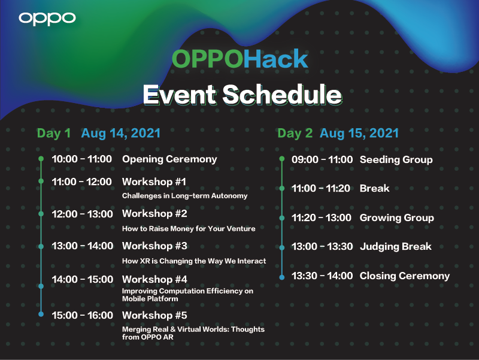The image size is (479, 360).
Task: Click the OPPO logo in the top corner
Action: click(x=47, y=18)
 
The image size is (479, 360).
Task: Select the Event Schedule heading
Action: click(x=242, y=95)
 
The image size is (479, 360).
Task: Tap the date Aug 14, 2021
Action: click(x=120, y=133)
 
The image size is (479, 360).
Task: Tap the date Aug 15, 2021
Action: click(x=359, y=133)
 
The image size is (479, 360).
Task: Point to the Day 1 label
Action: click(x=54, y=133)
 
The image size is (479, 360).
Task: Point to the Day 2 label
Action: click(x=295, y=133)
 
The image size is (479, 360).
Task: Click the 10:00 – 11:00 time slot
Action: click(x=82, y=159)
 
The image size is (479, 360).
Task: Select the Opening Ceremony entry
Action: click(x=169, y=159)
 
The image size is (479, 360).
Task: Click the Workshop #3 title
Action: click(x=154, y=246)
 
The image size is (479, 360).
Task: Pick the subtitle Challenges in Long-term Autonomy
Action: click(x=184, y=196)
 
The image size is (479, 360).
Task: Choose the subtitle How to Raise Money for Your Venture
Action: click(x=189, y=228)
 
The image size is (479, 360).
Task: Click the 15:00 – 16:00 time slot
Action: click(x=82, y=315)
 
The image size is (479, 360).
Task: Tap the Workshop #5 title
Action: click(x=154, y=315)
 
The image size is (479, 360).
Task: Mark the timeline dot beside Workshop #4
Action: click(x=41, y=286)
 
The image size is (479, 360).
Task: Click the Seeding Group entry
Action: click(x=396, y=159)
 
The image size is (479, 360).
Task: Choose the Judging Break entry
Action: click(x=395, y=246)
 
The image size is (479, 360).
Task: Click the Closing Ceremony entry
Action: click(x=404, y=276)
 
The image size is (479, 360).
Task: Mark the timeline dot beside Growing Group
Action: click(x=281, y=217)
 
